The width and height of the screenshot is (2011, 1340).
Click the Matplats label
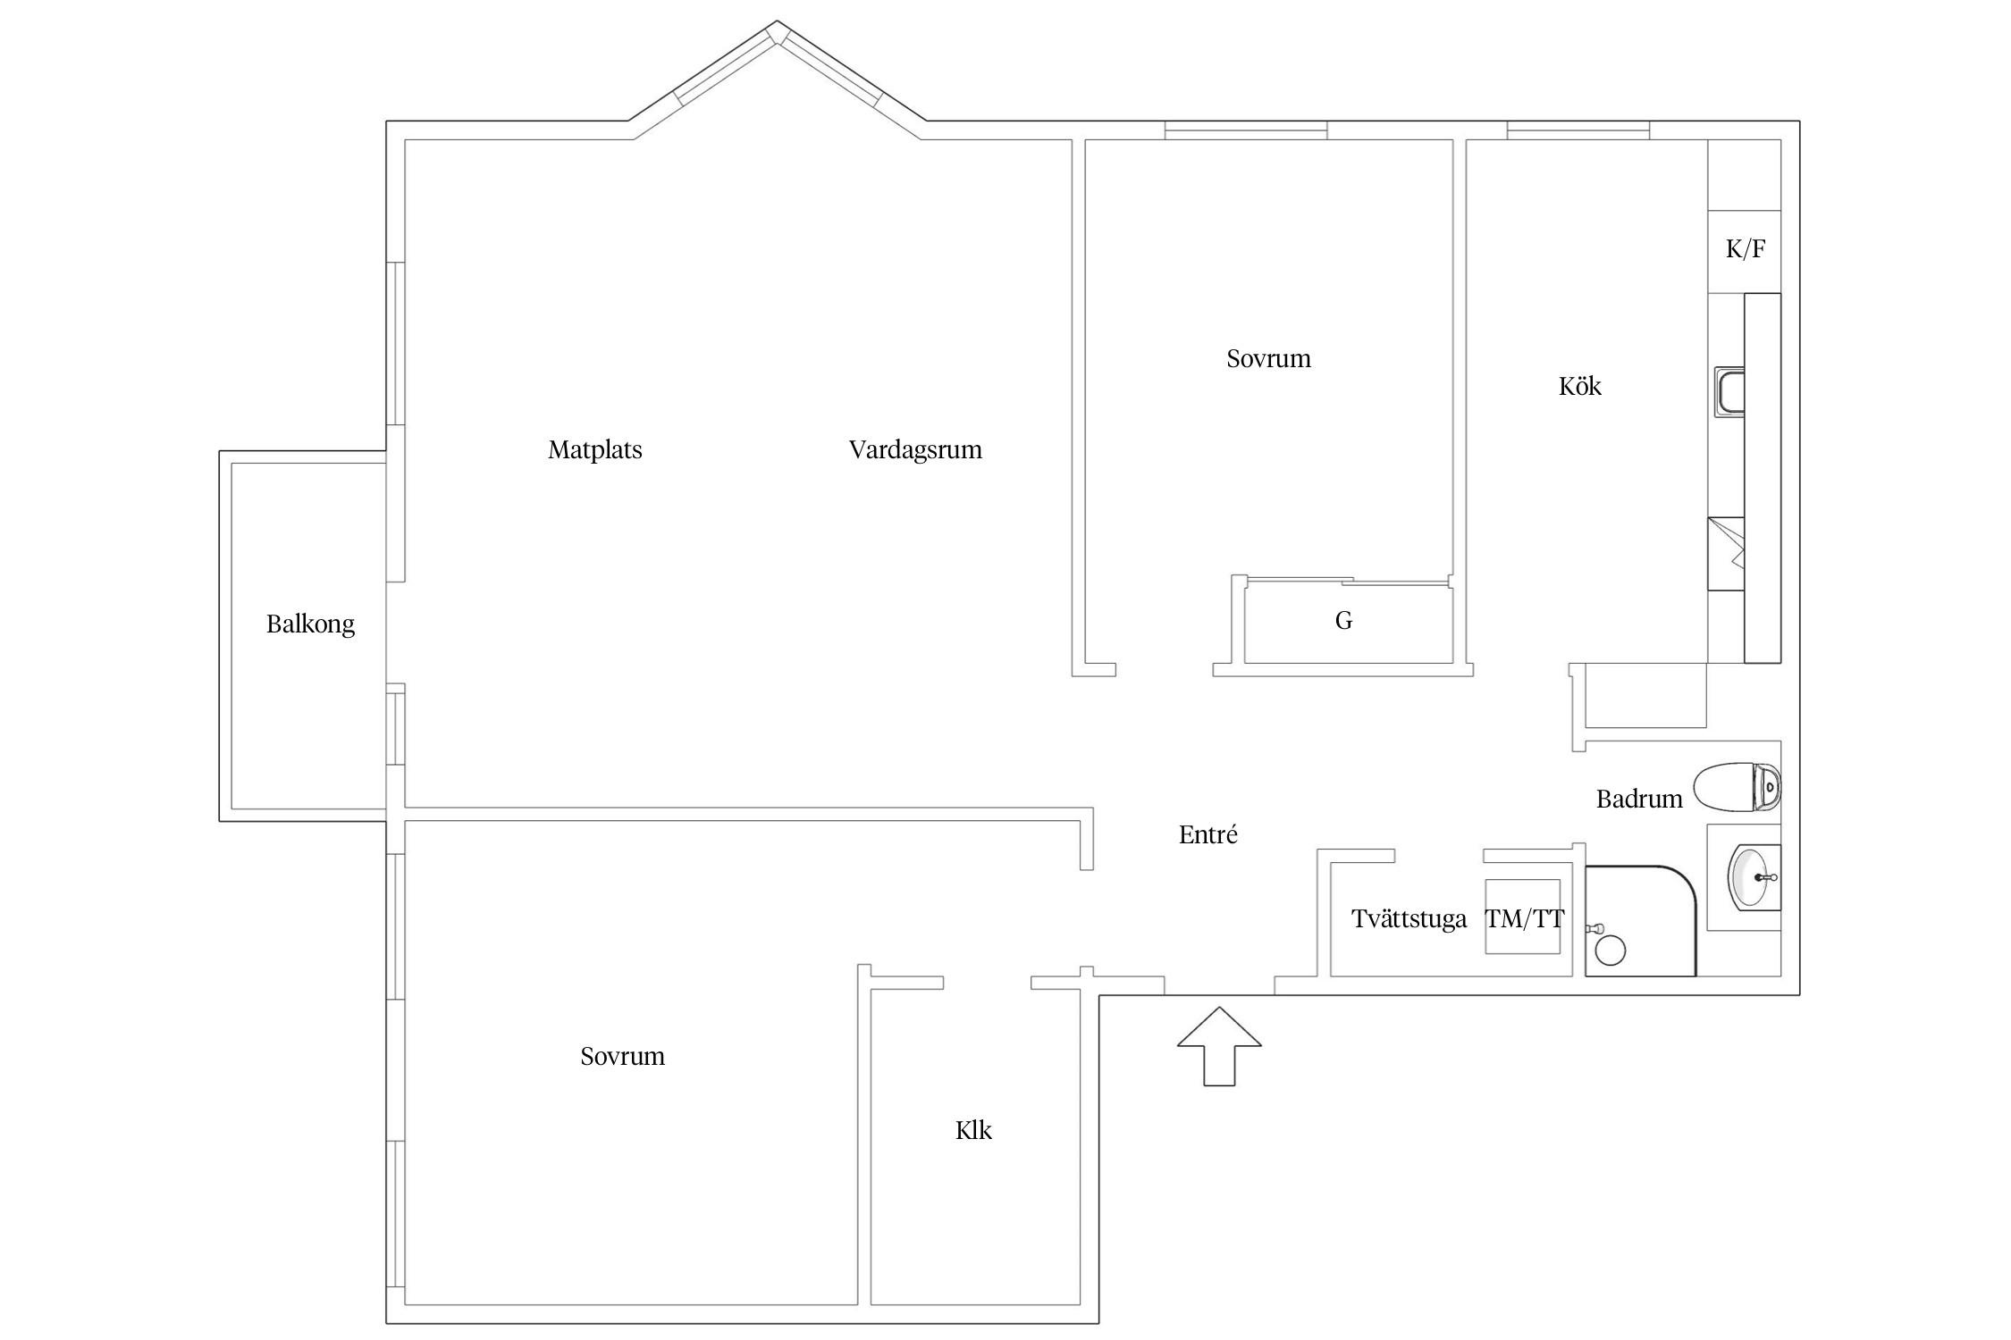pos(594,449)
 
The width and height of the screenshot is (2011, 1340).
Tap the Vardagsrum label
pos(914,449)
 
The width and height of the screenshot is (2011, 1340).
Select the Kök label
pos(1579,386)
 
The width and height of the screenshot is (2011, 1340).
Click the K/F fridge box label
pos(1745,249)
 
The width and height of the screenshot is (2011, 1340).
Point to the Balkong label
pos(310,624)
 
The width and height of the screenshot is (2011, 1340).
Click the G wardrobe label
pos(1343,621)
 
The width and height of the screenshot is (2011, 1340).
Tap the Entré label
pos(1207,835)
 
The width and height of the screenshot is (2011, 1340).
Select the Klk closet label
pos(973,1131)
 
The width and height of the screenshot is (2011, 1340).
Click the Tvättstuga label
pos(1409,919)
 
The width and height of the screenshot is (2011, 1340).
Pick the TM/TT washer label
pos(1525,919)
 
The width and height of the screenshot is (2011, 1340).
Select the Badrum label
pos(1638,799)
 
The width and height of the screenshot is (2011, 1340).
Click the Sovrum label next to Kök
pos(1268,359)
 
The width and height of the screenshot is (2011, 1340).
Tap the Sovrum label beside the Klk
pos(622,1057)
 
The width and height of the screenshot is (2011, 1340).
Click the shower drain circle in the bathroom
pos(1611,951)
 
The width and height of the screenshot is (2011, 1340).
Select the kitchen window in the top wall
pos(1578,130)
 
